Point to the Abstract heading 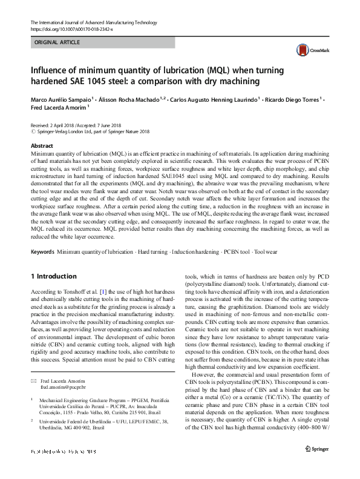tap(43, 147)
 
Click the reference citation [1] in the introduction tap(93, 292)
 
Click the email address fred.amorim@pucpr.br tap(64, 386)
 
